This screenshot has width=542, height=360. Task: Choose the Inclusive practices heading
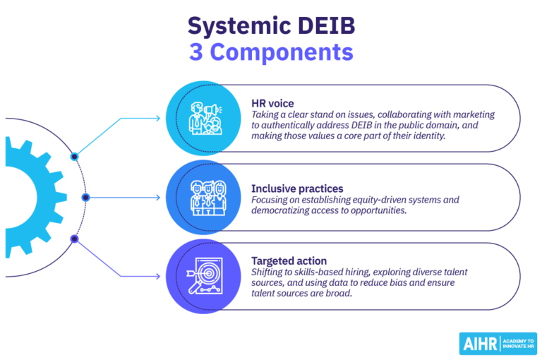click(297, 188)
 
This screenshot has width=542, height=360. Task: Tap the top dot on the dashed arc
click(74, 157)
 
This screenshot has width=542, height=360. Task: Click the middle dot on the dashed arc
click(85, 198)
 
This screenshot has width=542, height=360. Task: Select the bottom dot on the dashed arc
click(74, 239)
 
